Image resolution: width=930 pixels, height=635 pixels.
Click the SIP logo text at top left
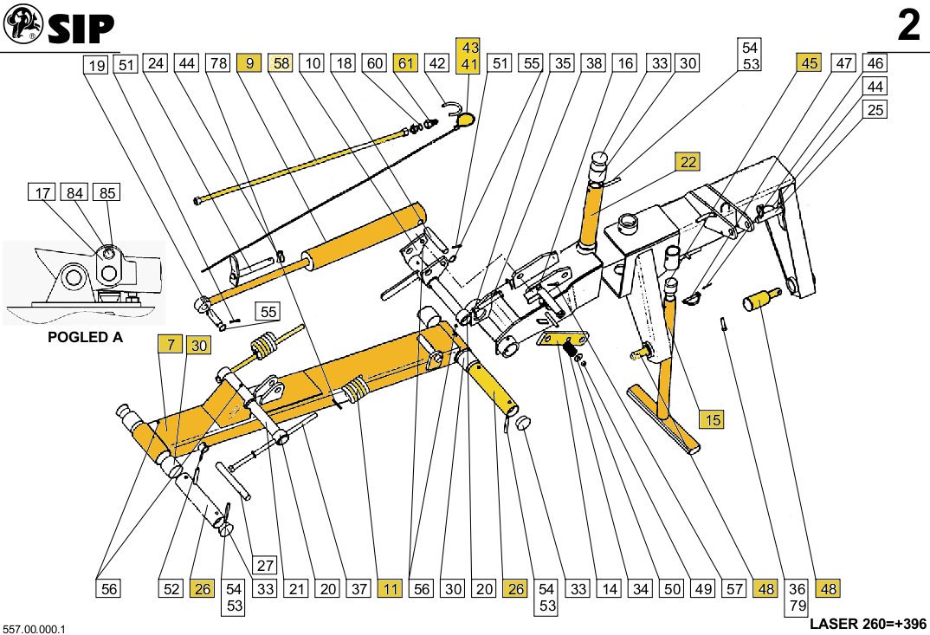(81, 29)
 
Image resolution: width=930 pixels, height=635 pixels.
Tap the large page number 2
(908, 27)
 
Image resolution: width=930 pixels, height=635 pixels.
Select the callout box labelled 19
(96, 63)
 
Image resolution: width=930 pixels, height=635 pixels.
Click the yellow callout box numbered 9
(250, 63)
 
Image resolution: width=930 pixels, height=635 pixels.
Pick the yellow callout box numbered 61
(406, 63)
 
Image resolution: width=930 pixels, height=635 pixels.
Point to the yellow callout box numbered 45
(810, 63)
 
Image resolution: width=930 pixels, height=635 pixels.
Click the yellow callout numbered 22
(688, 162)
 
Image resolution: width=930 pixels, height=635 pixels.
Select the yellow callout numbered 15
(712, 420)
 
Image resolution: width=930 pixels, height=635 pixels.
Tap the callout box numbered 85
(107, 193)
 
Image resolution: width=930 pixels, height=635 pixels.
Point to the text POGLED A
(84, 338)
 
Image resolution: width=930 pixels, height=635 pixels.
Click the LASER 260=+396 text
(869, 624)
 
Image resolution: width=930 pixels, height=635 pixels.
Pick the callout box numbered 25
(875, 110)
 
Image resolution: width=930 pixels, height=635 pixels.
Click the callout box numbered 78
(218, 63)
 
